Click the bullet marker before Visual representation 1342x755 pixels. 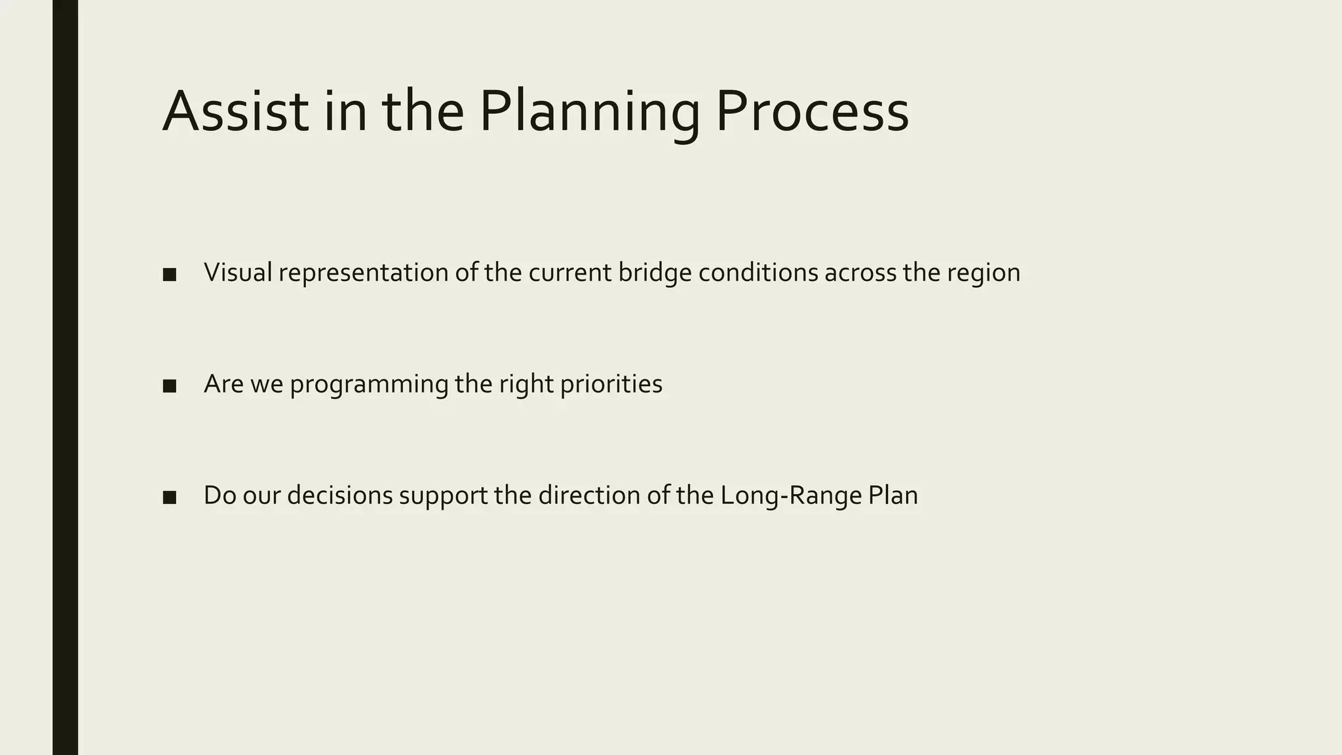coord(169,275)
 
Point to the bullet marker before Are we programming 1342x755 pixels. coord(169,386)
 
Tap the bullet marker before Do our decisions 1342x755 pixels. coord(169,497)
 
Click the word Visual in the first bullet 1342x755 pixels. coord(238,273)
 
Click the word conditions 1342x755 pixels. coord(757,273)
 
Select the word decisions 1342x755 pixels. coord(339,495)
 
